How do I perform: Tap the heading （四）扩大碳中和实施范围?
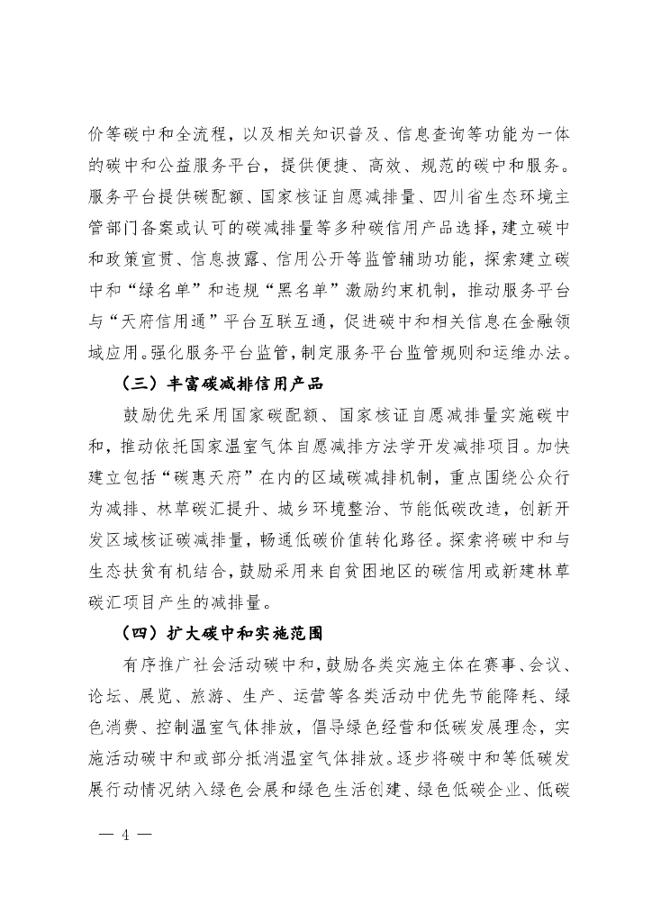click(x=222, y=631)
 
